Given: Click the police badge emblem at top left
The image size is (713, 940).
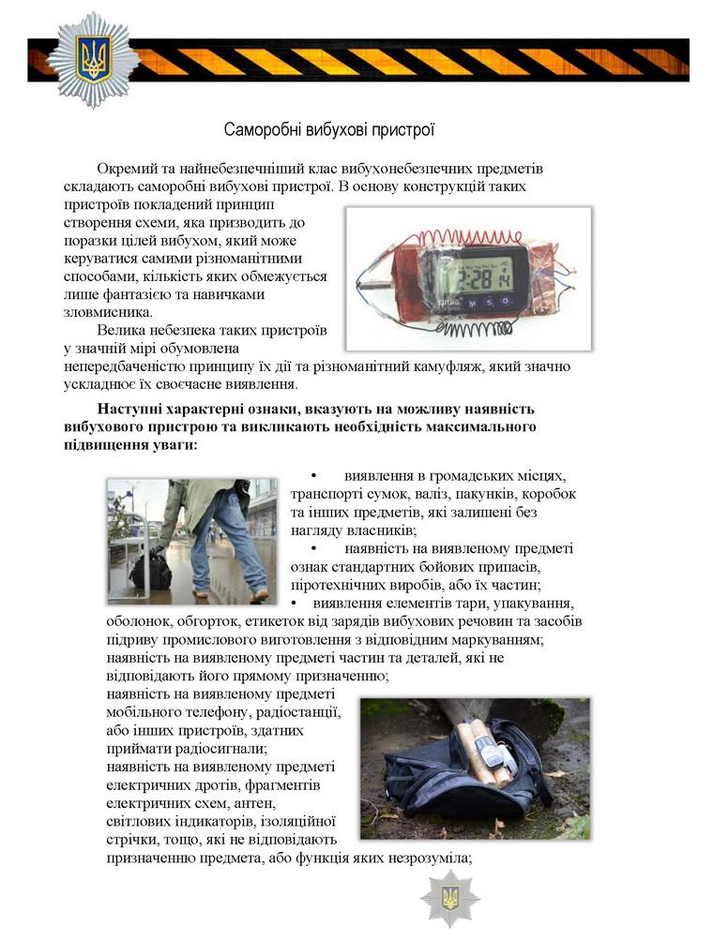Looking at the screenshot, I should click(93, 59).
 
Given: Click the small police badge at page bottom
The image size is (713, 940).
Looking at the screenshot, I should click(449, 898).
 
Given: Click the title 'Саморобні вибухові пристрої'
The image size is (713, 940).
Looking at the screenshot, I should click(329, 129).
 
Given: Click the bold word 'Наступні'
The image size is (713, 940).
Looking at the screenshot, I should click(133, 410).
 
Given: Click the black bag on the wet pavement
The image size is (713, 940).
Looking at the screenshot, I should click(150, 570).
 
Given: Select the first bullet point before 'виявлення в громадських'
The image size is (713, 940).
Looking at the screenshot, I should click(314, 477).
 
